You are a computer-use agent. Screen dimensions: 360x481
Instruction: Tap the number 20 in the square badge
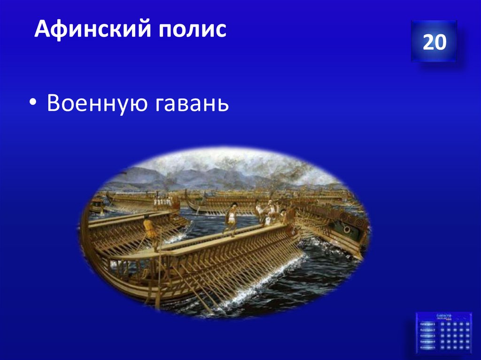pos(434,42)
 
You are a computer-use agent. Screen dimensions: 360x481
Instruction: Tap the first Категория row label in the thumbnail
pos(427,324)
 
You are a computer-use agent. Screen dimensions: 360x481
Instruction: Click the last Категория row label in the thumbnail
pos(427,348)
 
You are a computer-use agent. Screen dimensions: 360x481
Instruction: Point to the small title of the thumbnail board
pos(444,316)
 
